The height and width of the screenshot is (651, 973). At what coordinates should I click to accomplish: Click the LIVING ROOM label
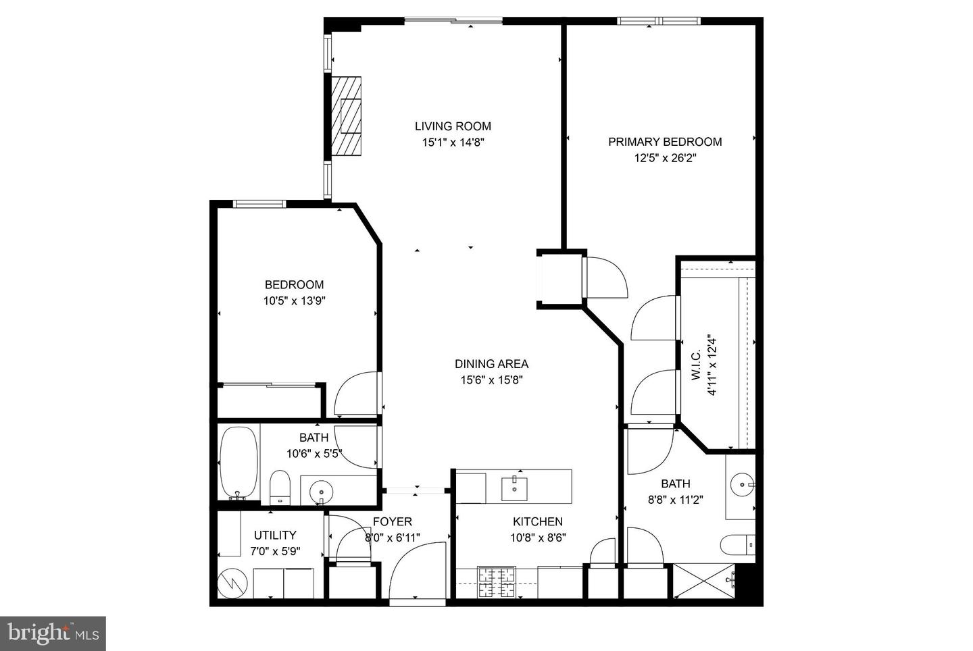(453, 126)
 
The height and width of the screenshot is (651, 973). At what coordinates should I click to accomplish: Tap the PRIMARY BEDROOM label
(665, 142)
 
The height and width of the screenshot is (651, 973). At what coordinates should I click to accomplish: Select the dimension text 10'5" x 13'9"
(295, 301)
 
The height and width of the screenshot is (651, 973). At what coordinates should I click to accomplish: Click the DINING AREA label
(491, 364)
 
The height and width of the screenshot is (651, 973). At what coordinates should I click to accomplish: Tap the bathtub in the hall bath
(239, 462)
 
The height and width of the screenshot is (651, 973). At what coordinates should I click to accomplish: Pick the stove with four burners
(497, 582)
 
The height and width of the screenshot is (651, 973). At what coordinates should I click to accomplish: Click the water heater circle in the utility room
(233, 583)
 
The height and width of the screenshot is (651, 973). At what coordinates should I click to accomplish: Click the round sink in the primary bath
(743, 484)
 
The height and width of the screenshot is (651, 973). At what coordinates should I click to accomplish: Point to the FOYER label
(393, 522)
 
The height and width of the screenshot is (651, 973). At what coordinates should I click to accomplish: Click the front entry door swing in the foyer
(418, 571)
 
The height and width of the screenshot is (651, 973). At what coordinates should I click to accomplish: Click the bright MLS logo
(53, 633)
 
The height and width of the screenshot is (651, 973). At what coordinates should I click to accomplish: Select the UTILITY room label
(275, 535)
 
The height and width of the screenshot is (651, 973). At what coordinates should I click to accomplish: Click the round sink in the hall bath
(320, 490)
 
